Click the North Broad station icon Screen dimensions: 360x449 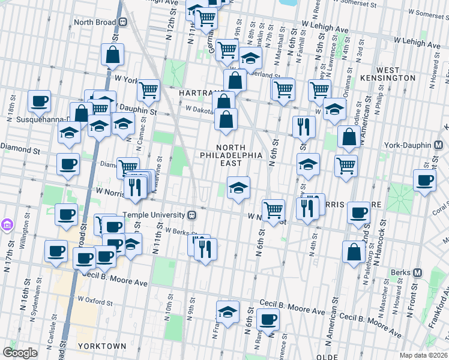point(122,22)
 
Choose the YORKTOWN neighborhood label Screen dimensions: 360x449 point(101,346)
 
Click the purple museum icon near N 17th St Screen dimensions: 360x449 point(7,226)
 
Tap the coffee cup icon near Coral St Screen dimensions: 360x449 point(425,180)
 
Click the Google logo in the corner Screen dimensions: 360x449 point(19,353)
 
